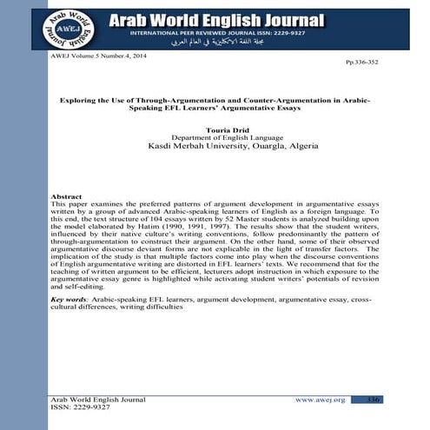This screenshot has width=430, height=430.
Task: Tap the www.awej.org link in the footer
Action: click(x=321, y=400)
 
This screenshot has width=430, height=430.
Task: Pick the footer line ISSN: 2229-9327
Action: click(x=81, y=407)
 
